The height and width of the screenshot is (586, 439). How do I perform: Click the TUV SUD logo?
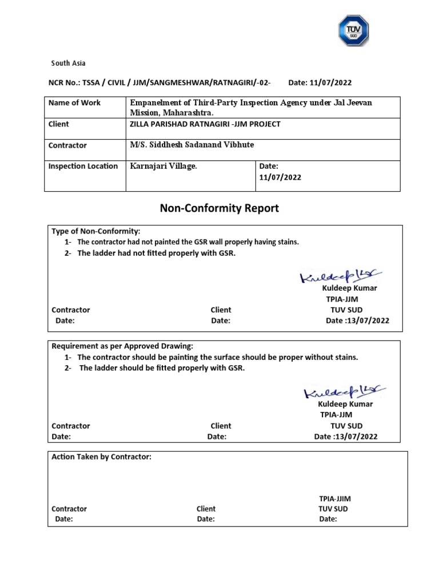353,31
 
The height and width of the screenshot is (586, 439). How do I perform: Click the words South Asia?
68,63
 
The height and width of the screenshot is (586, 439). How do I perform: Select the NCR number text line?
160,83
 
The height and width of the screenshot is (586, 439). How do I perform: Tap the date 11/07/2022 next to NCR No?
324,83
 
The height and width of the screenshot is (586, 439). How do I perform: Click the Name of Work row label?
74,103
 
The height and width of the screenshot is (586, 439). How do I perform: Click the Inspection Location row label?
83,167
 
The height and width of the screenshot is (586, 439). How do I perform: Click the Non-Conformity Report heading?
219,208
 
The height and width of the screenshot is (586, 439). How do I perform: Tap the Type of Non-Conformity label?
95,231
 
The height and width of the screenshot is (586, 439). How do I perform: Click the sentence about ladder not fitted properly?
157,254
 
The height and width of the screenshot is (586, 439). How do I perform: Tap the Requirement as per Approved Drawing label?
122,346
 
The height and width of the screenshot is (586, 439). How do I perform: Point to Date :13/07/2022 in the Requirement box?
346,437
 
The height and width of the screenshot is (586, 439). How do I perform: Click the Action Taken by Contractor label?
101,457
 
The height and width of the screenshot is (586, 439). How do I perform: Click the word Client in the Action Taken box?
206,509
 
